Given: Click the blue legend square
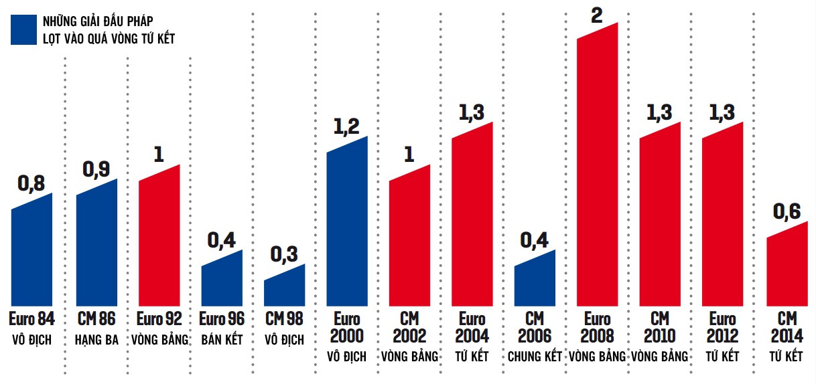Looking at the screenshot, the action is (x=23, y=30).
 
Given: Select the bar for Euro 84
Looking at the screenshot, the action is (x=31, y=254).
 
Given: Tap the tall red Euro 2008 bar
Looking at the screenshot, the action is (x=598, y=171).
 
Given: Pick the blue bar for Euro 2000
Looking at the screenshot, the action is (x=347, y=225).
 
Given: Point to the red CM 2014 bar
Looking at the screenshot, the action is (x=787, y=268).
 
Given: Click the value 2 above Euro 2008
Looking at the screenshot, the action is (x=597, y=15).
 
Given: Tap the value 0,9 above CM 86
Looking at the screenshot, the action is (x=96, y=169).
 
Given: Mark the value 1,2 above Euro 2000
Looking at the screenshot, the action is (x=346, y=127).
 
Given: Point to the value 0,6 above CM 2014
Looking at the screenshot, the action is (x=787, y=212).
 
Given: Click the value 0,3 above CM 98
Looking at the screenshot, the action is (x=284, y=254).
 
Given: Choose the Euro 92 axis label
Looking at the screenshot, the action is (x=159, y=319).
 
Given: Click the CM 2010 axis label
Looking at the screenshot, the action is (x=660, y=327).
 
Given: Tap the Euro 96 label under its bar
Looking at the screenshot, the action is (x=222, y=319).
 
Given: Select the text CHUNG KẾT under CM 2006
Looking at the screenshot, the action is (x=535, y=357).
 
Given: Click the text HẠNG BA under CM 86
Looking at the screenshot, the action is (x=96, y=340).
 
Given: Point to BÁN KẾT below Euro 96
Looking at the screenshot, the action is (x=222, y=340).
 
